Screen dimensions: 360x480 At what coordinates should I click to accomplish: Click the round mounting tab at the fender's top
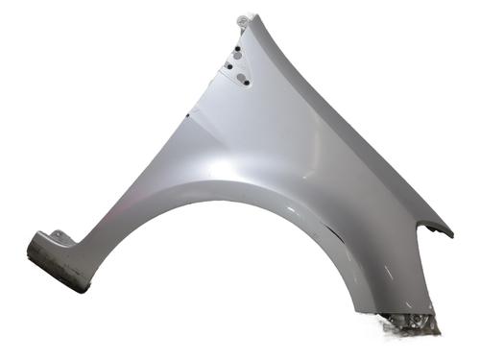243,19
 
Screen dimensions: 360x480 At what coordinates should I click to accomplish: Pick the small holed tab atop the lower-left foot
60,235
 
